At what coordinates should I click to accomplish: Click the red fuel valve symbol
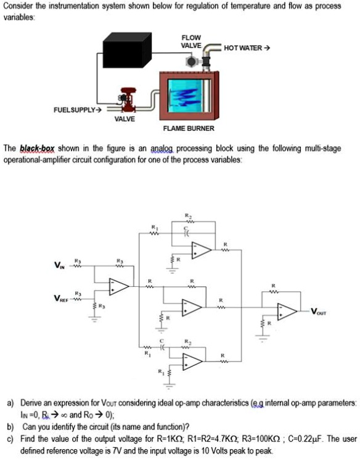[128, 99]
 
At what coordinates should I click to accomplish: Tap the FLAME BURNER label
[189, 128]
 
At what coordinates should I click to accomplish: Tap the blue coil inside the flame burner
[189, 96]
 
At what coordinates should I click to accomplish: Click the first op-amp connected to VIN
[119, 286]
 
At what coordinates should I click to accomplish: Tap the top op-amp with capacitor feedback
[202, 249]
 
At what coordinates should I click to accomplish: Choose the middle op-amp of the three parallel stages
[191, 306]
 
